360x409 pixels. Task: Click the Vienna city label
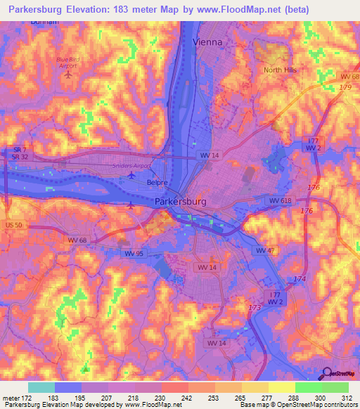pos(207,42)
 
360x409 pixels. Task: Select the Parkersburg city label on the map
pos(180,202)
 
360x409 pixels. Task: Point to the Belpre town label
pos(156,183)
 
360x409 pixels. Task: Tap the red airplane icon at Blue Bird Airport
pos(68,74)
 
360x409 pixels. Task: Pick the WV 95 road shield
pos(134,253)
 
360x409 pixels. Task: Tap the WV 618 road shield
pos(278,201)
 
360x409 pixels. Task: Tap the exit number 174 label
pos(300,279)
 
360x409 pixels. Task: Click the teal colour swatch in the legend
pos(41,387)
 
